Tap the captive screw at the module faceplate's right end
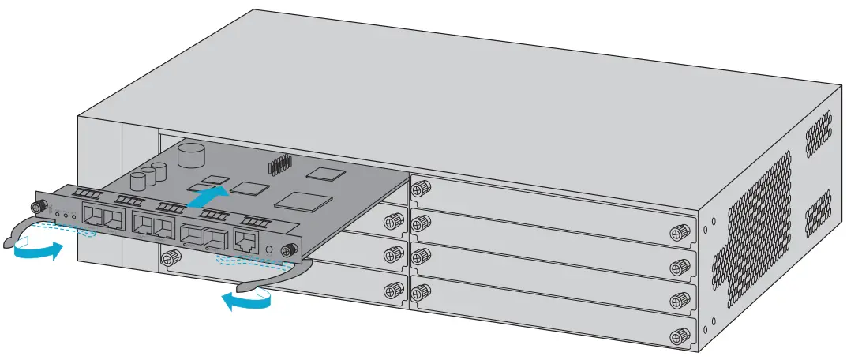(x=290, y=251)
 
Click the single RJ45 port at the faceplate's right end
(x=246, y=241)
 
